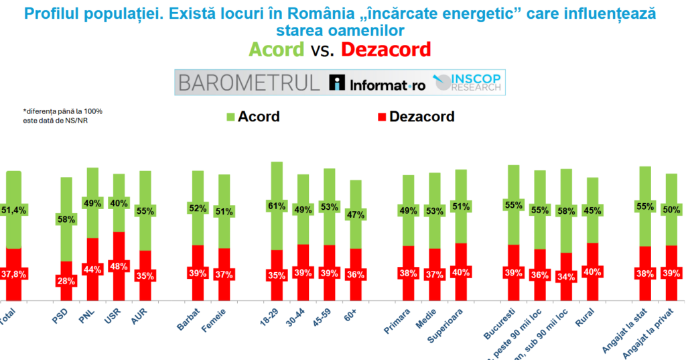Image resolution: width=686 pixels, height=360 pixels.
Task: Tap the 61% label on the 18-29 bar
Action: coord(277,206)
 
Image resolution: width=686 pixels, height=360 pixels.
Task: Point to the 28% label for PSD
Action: coord(66,281)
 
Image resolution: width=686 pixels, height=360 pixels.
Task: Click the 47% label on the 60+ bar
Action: coord(355,215)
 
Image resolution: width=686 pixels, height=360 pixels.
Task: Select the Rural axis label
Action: coord(586,320)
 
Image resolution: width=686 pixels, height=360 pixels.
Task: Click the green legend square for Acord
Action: coord(230,117)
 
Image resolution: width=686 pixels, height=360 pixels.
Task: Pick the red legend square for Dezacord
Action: coord(381,117)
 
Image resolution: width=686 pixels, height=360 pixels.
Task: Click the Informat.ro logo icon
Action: coord(338,82)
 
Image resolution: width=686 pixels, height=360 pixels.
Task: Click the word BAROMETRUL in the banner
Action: coord(249,82)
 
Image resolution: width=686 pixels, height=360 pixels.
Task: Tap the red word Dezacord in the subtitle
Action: coord(385,49)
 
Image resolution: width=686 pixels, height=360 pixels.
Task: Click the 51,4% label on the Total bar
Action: coord(13,210)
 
